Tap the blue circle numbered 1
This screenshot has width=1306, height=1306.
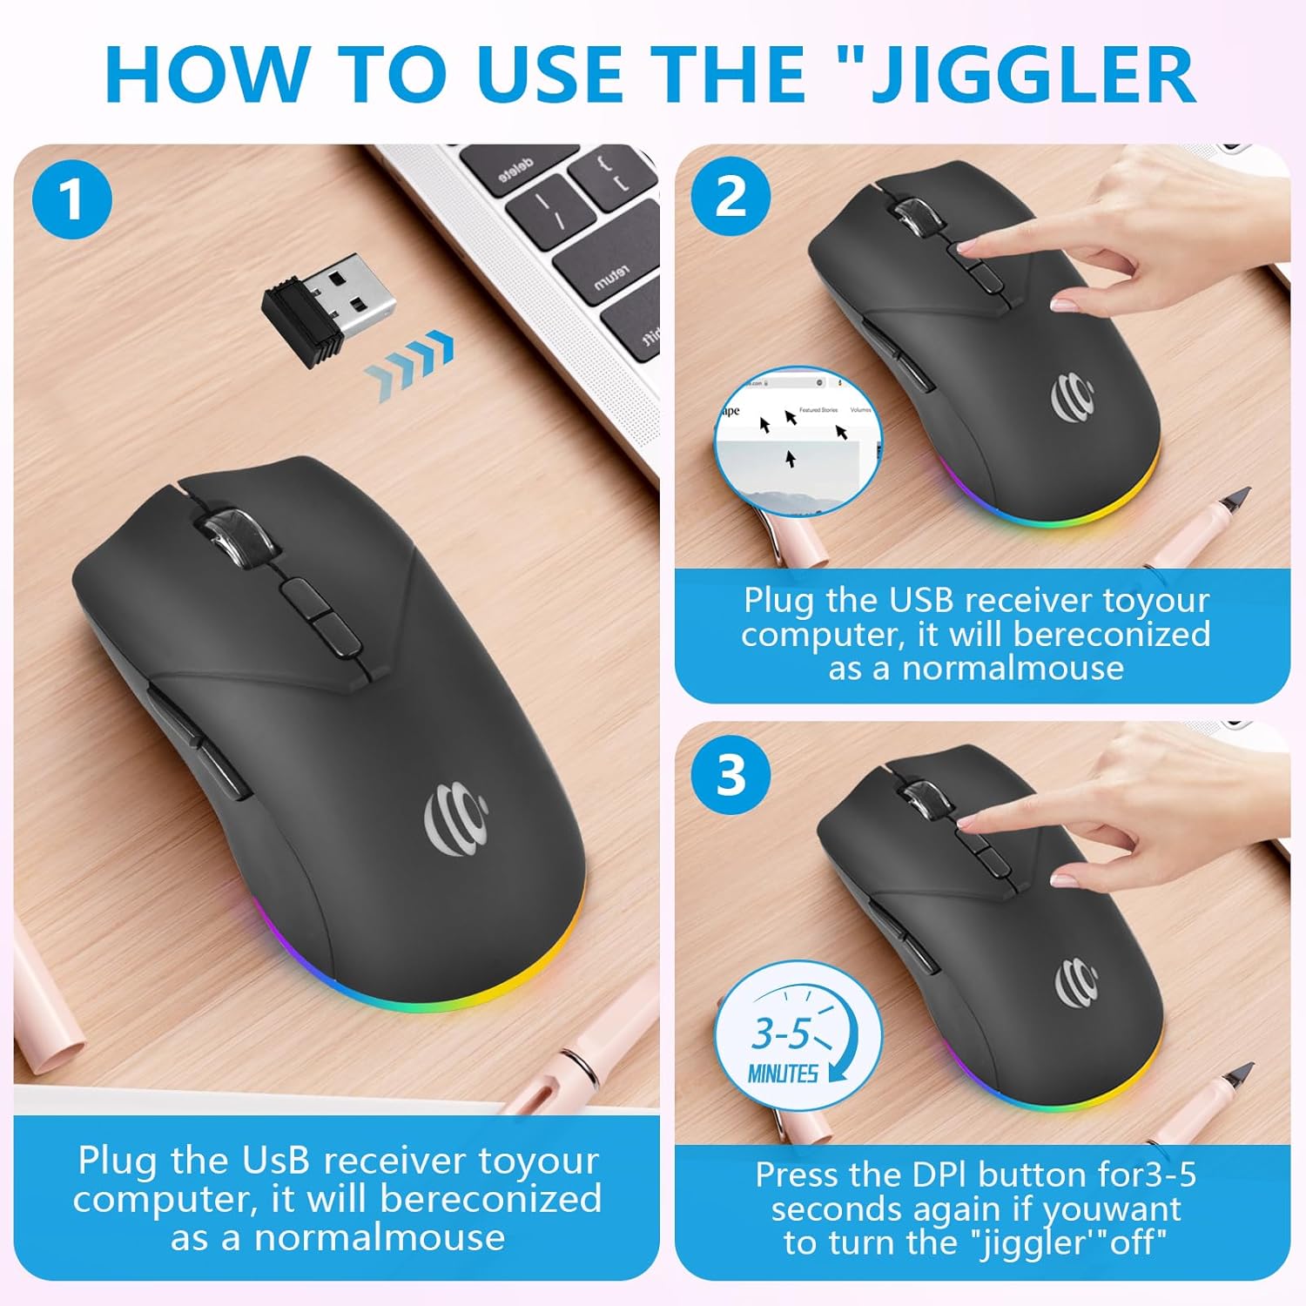point(71,199)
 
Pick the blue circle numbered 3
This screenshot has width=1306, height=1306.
point(730,773)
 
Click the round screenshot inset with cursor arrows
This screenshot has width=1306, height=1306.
point(798,441)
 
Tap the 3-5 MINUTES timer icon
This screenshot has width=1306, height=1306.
point(797,1036)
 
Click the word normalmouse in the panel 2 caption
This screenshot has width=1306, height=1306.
point(1013,668)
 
